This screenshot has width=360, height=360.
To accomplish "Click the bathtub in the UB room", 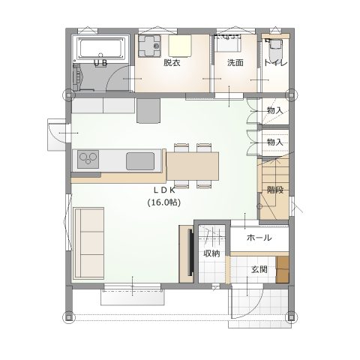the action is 101,49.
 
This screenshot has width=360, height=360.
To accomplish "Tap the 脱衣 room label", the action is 172,62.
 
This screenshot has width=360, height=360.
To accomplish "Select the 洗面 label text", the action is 235,62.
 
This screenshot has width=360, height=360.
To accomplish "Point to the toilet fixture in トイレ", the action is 275,47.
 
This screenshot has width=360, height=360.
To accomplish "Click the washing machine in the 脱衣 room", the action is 149,46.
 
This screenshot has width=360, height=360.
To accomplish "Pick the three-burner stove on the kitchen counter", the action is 88,159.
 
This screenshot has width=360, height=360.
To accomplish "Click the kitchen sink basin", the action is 140,161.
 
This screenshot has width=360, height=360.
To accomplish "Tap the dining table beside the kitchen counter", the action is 193,166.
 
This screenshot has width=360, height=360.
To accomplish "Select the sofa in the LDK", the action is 89,243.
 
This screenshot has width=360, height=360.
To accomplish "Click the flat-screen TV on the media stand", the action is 190,253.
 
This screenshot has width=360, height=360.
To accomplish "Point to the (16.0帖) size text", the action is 164,202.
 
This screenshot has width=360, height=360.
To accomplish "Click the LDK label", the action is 164,190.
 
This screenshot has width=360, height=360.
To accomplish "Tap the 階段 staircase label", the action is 275,190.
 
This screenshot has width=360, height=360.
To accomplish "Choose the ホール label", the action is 259,238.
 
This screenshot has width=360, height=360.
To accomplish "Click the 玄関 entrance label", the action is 259,269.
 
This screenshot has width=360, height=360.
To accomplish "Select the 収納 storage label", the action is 211,253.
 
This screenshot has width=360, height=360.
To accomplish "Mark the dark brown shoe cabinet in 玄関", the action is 282,269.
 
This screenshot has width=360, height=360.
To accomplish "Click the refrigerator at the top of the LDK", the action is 148,110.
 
